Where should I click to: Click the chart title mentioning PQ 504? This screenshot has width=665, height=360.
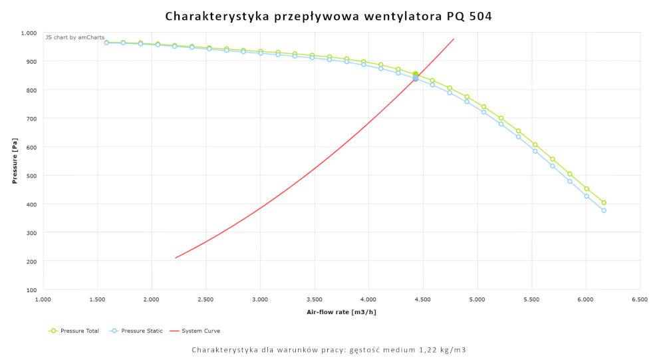329,16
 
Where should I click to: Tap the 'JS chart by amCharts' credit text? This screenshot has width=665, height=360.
74,37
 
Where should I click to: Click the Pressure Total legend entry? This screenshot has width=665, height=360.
74,331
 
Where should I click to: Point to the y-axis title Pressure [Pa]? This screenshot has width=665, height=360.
14,161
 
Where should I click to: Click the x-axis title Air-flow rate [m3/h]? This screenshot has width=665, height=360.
341,311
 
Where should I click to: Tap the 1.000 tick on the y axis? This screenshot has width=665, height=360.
29,33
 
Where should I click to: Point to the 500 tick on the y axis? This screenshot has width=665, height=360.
31,176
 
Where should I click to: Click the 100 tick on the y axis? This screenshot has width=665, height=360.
31,290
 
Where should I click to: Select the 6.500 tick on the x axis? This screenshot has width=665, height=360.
640,299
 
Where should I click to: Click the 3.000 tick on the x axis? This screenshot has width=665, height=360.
260,299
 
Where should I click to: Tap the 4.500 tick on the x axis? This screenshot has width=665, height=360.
423,299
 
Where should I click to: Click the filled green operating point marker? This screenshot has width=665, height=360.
416,75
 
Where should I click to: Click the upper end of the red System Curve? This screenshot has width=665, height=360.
454,39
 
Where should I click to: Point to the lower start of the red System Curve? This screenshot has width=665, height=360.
176,258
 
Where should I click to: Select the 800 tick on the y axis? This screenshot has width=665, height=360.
31,90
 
